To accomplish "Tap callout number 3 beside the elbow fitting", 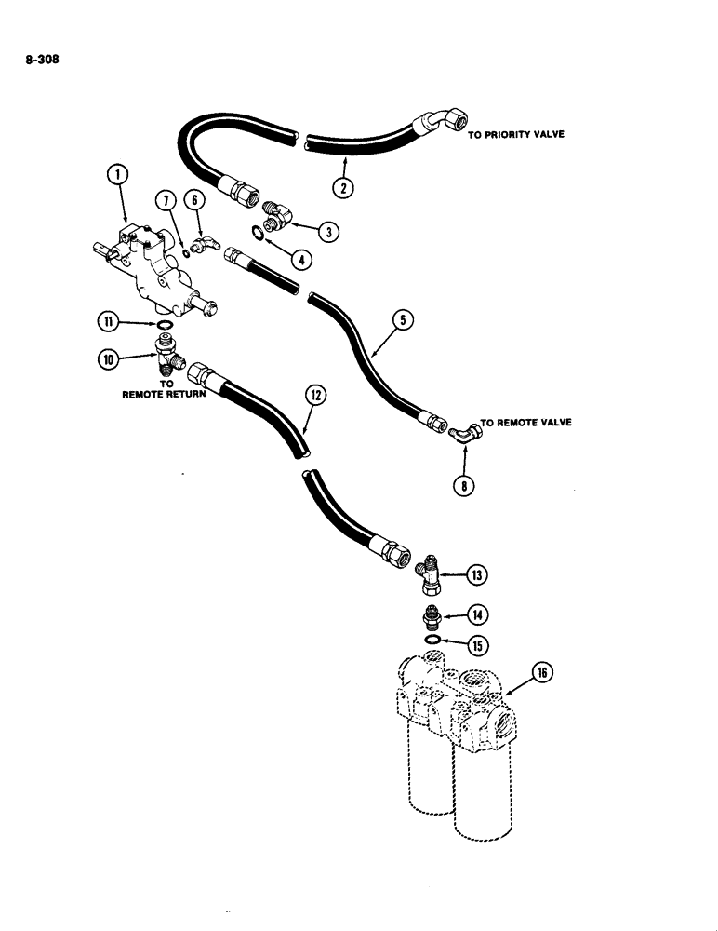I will click(327, 229).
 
